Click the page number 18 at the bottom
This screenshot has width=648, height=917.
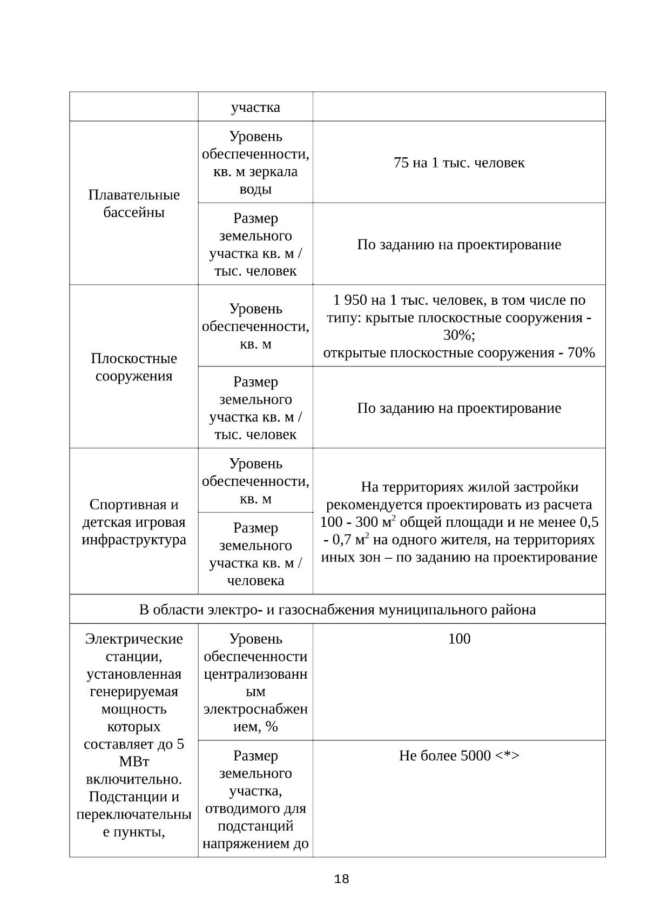click(341, 879)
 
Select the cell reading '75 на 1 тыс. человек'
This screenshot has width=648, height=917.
click(459, 163)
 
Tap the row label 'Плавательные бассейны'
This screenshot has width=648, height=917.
click(134, 204)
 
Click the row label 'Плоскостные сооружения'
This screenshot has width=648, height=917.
click(134, 367)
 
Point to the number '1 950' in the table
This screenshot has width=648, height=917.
click(349, 300)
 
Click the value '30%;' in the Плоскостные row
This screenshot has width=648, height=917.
click(459, 335)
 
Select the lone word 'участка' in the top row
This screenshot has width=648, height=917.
click(255, 107)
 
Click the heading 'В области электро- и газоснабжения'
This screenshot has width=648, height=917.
click(337, 610)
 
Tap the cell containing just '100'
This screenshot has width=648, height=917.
click(459, 639)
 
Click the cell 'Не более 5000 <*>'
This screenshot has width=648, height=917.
click(459, 755)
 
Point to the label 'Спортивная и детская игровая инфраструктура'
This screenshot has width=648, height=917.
click(134, 522)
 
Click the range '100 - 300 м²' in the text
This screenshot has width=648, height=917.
click(359, 523)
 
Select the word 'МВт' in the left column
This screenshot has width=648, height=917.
click(134, 762)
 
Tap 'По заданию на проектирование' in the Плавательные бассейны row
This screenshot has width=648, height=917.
click(459, 245)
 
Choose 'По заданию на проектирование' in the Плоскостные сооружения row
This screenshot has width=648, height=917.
click(459, 408)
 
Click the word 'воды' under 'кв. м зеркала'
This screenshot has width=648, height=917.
click(255, 190)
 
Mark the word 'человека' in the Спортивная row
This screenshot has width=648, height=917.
click(255, 581)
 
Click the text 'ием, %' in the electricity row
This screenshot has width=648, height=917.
click(255, 727)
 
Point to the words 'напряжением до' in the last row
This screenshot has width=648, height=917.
click(255, 844)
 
